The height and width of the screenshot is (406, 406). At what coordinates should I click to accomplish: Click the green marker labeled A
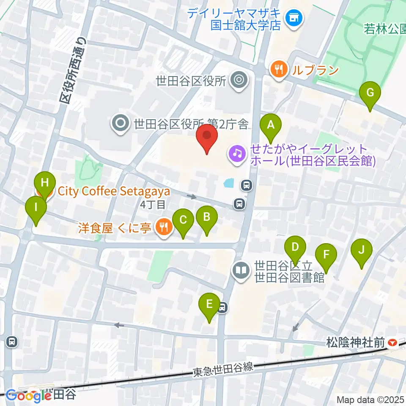click(x=271, y=126)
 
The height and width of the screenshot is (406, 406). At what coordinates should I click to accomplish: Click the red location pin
click(x=207, y=136)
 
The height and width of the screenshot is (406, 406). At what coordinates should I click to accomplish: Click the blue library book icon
click(x=241, y=270)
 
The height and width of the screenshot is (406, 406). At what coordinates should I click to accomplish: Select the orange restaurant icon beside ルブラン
click(x=279, y=68)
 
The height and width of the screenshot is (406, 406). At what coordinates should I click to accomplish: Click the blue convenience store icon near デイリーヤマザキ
click(x=294, y=18)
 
